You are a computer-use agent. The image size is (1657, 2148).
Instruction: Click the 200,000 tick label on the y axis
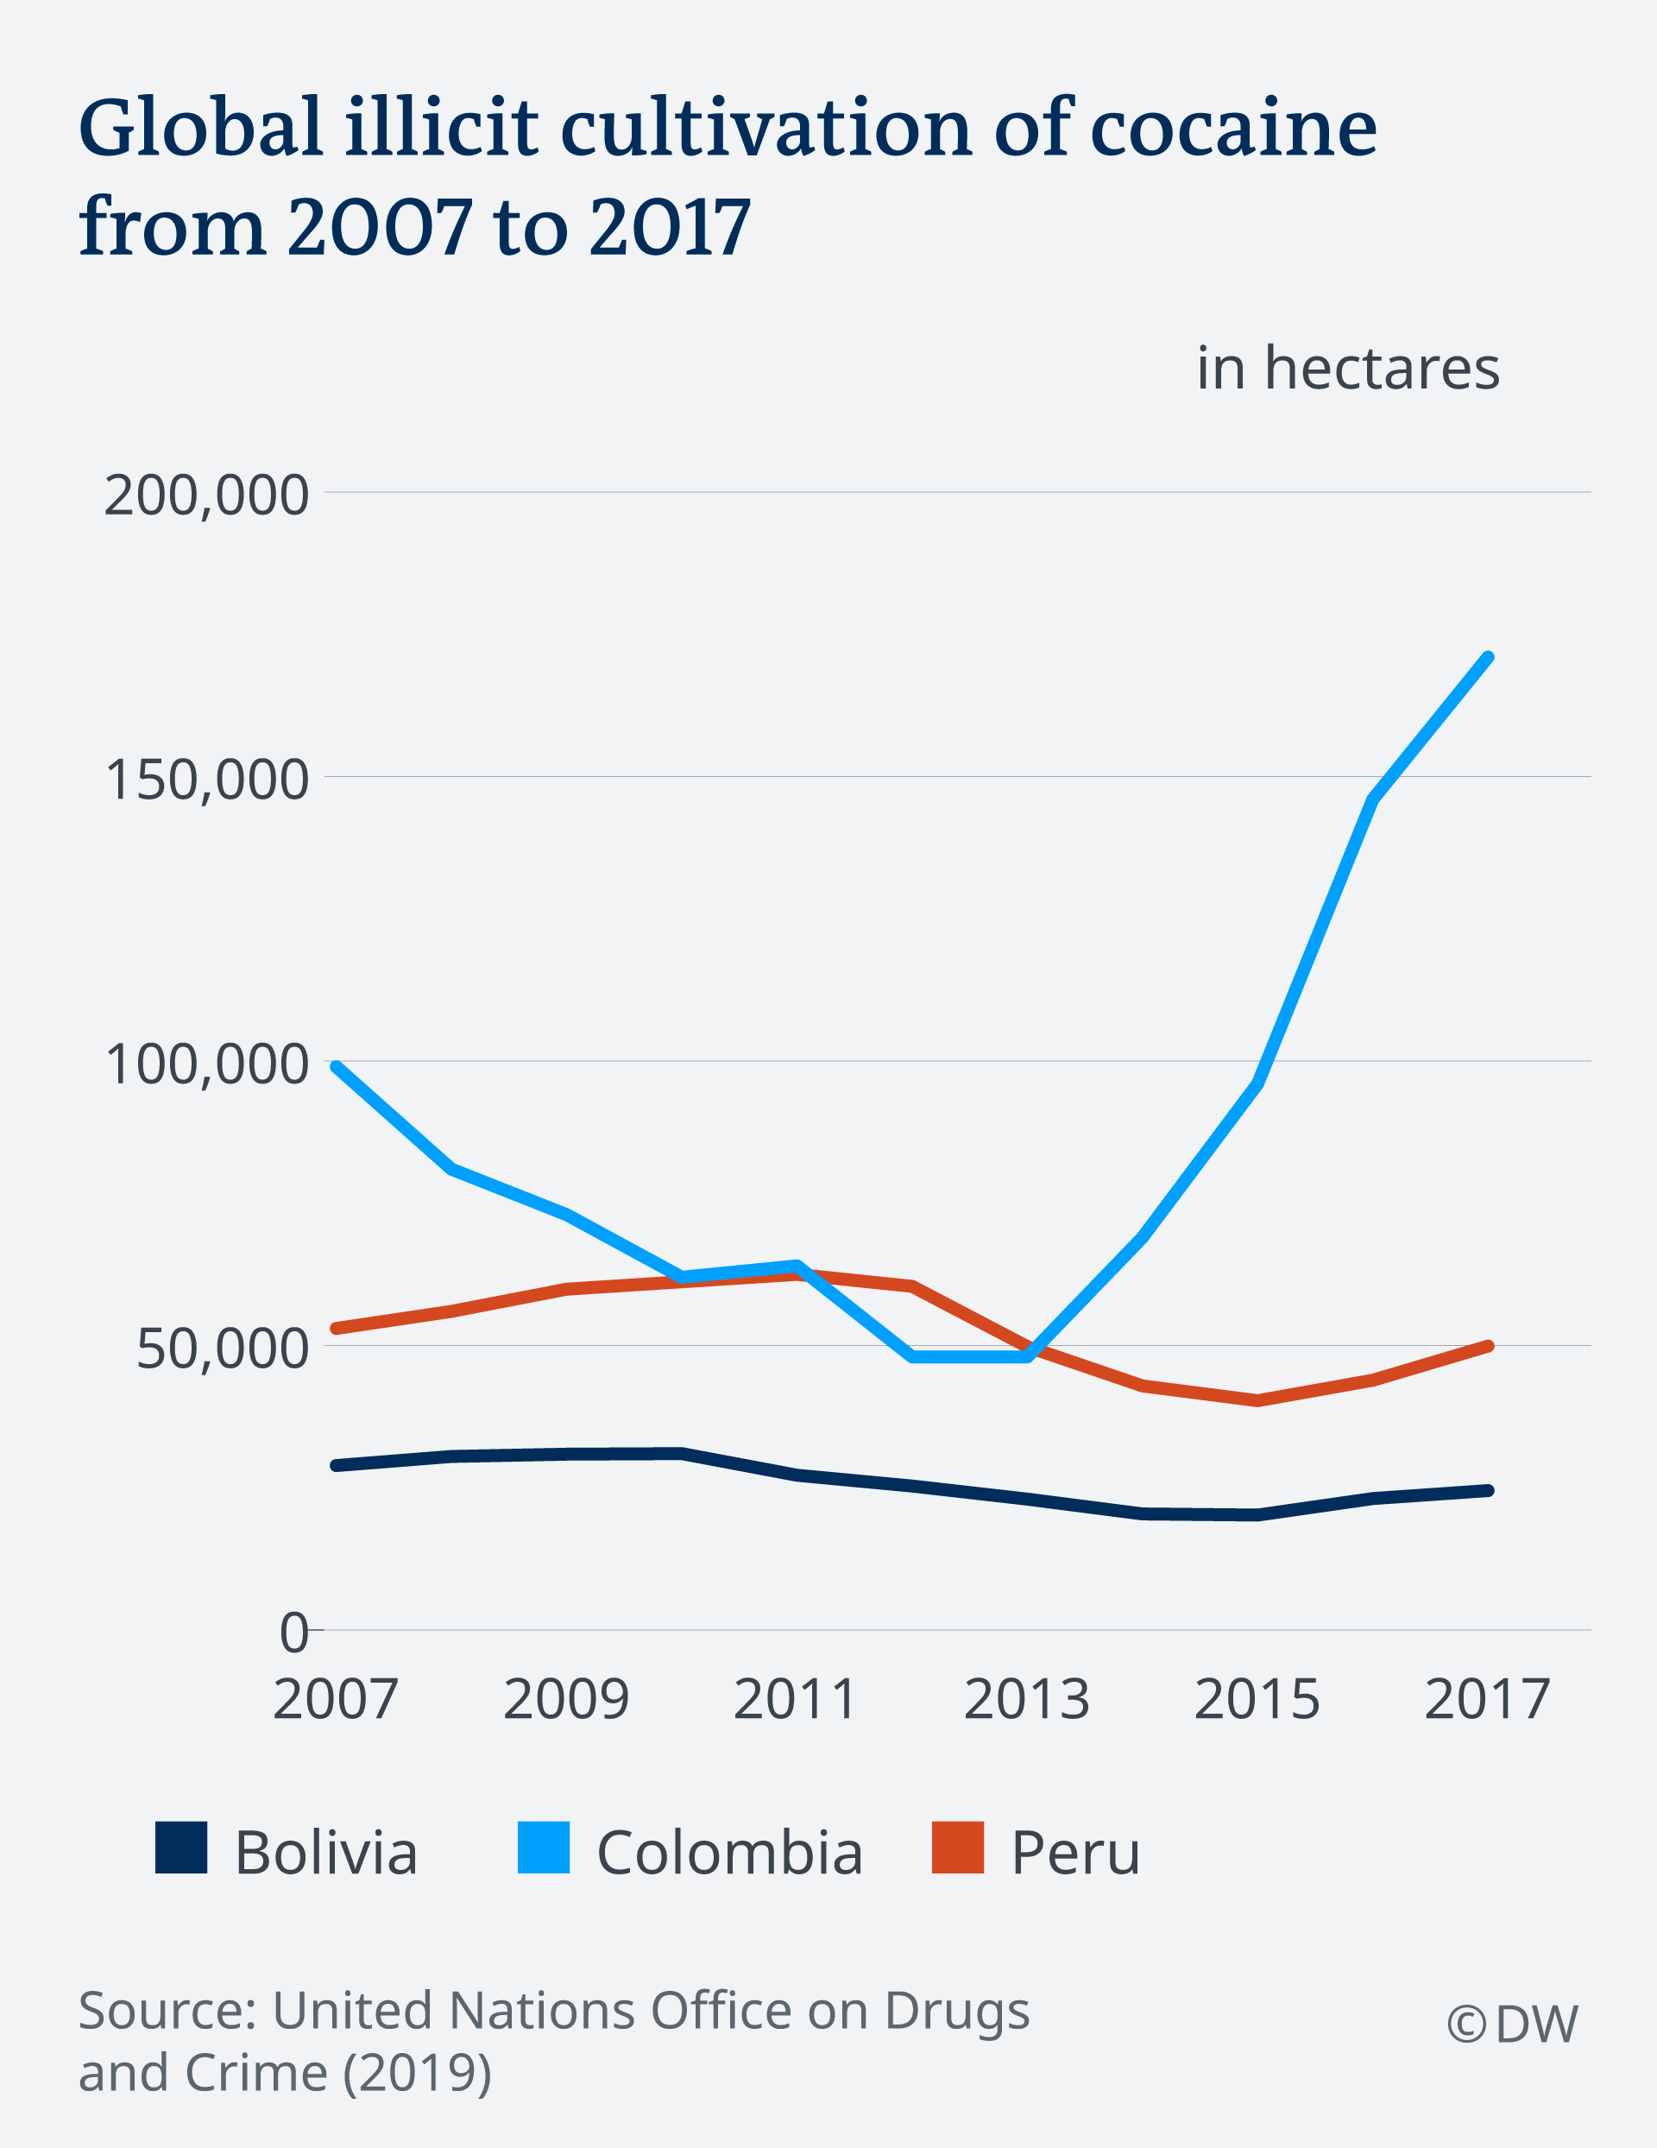pos(205,495)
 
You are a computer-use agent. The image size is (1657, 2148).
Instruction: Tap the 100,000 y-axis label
pos(205,1065)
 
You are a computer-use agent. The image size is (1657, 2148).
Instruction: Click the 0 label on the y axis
pos(294,1633)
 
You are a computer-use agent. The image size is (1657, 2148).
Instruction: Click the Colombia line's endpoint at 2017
pos(1488,658)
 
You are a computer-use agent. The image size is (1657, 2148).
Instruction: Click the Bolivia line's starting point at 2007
pos(337,1465)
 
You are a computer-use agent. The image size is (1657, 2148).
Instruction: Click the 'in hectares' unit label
pos(1347,369)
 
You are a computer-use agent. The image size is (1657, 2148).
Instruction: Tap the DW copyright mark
pos(1511,2024)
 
